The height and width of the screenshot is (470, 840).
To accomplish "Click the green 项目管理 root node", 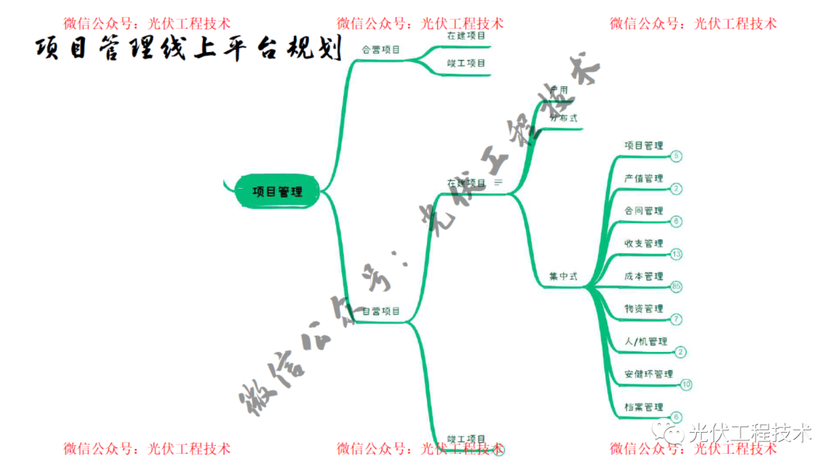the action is [278, 191].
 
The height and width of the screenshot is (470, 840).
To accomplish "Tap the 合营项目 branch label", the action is [381, 50].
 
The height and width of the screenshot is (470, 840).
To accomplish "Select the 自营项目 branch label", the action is [381, 312].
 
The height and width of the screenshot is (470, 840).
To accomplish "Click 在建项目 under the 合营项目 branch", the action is [467, 36].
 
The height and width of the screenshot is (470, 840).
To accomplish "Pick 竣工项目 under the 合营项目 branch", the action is [467, 64].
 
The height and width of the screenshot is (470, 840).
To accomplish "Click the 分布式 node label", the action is [563, 118].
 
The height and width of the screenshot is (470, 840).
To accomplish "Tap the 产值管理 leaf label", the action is [643, 179].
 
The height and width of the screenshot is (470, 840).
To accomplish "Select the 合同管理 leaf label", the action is [643, 211].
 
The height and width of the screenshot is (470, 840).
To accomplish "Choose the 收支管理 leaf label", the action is [643, 244].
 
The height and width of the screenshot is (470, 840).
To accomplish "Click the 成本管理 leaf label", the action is [643, 277].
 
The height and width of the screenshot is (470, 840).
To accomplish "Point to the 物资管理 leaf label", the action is [643, 309].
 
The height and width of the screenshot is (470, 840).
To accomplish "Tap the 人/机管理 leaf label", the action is [646, 342].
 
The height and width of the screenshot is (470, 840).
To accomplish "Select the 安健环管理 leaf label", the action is [648, 374].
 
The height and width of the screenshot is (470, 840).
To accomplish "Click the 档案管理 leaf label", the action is [643, 407].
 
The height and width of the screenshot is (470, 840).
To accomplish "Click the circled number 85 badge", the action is [676, 287].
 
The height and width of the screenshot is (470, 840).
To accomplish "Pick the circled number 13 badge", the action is [676, 254].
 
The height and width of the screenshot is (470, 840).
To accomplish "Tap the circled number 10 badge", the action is [685, 385].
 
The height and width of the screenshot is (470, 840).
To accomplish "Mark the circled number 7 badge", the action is [676, 319].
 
